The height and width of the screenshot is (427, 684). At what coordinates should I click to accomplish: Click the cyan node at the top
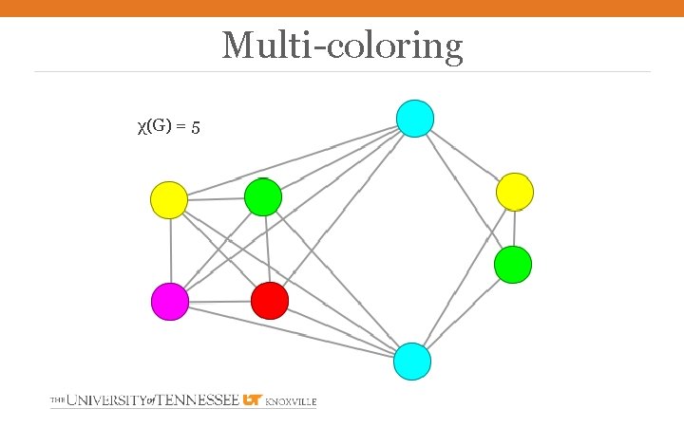[x=414, y=118]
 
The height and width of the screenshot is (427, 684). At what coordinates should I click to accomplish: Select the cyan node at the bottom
[x=412, y=362]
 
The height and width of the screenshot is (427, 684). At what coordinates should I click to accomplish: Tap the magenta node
[x=170, y=302]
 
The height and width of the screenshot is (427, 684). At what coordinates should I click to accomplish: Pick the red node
[x=269, y=301]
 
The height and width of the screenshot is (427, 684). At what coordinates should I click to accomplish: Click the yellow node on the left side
[x=169, y=199]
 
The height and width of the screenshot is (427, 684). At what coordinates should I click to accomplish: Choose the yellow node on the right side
[x=515, y=192]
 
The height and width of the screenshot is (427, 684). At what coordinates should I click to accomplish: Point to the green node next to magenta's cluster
[x=263, y=197]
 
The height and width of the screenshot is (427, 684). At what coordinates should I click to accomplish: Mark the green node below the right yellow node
[x=513, y=264]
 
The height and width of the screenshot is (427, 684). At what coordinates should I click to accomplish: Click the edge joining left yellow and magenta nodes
[x=170, y=251]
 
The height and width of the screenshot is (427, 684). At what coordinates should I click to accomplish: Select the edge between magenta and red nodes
[x=219, y=302]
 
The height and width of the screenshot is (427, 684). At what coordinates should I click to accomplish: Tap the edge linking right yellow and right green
[x=514, y=228]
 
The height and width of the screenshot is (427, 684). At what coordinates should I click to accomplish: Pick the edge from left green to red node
[x=267, y=249]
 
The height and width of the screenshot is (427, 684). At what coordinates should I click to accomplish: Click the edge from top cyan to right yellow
[x=465, y=156]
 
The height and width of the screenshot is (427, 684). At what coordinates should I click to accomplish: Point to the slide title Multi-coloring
[x=342, y=45]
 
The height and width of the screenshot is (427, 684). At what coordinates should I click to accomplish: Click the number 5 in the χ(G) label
[x=195, y=126]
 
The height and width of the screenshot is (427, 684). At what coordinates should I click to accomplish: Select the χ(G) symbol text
[x=154, y=125]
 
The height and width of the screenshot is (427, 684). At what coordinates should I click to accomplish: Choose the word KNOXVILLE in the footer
[x=291, y=402]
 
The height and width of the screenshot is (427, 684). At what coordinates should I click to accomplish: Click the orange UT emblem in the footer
[x=253, y=400]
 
